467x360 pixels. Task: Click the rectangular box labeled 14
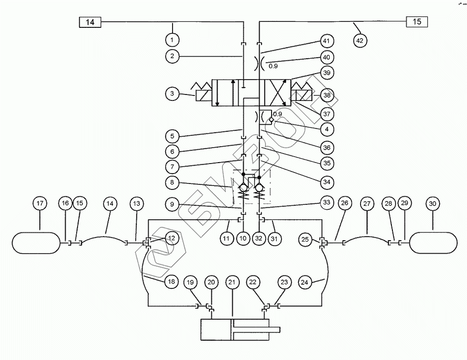click(x=90, y=22)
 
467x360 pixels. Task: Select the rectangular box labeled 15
click(x=417, y=22)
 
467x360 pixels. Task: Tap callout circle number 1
click(x=172, y=39)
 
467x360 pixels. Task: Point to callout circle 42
click(x=360, y=40)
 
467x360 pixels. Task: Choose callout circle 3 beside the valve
click(x=172, y=93)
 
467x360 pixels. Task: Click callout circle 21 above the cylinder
click(x=232, y=282)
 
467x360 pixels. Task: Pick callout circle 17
click(x=40, y=203)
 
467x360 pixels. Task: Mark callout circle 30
click(x=432, y=203)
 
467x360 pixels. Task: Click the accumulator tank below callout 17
click(x=35, y=243)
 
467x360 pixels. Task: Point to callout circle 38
click(x=327, y=93)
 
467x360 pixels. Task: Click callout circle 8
click(x=172, y=182)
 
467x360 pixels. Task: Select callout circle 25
click(x=305, y=240)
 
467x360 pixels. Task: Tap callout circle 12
click(x=172, y=238)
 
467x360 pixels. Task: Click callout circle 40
click(x=327, y=57)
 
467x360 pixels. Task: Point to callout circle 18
click(x=172, y=282)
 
